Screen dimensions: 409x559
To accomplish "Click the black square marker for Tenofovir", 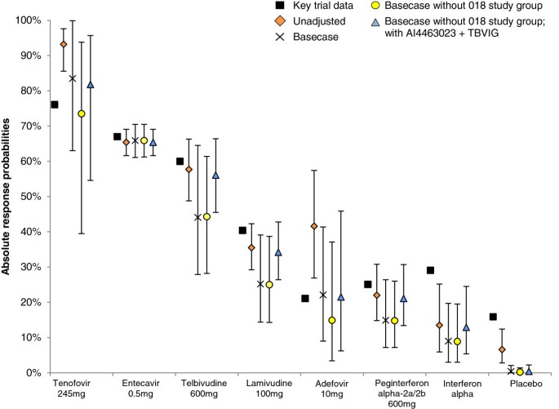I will (x=55, y=104).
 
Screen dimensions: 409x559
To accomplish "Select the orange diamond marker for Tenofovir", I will (x=64, y=44).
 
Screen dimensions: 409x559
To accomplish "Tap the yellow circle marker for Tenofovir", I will (x=82, y=113).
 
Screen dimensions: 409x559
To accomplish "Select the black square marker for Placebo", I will (x=493, y=317).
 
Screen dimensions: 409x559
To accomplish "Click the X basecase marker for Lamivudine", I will (x=260, y=284).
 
